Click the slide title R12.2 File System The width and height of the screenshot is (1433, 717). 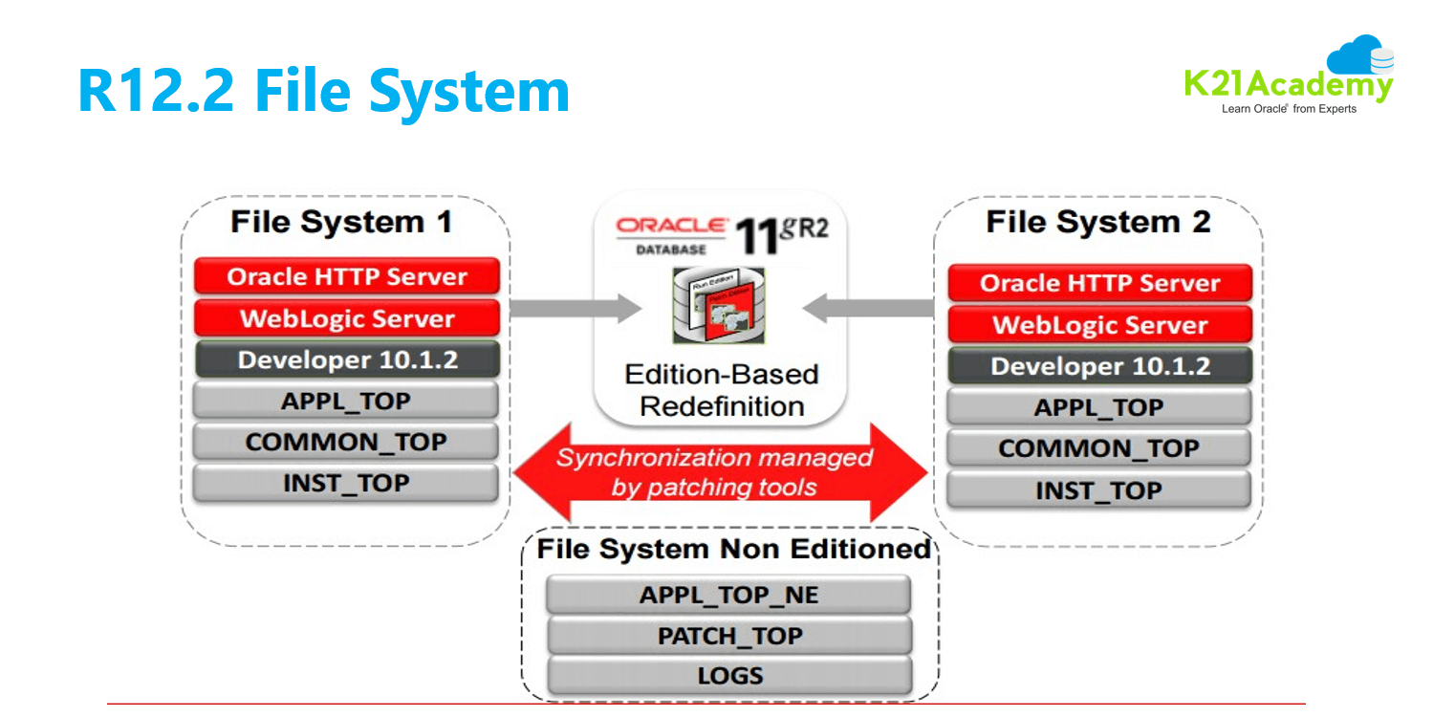pyautogui.click(x=323, y=91)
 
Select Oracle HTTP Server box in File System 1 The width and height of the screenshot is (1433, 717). pyautogui.click(x=346, y=277)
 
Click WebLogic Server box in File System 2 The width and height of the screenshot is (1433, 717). pyautogui.click(x=1099, y=325)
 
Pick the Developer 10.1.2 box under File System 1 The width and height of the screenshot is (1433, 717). pyautogui.click(x=347, y=360)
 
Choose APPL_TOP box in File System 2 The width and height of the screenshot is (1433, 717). pyautogui.click(x=1098, y=407)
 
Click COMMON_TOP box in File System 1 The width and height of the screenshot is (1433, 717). pyautogui.click(x=346, y=442)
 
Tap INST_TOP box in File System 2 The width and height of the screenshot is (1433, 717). pyautogui.click(x=1098, y=490)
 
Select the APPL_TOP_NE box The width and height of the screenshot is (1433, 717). pyautogui.click(x=728, y=595)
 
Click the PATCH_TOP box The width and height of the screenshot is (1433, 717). pyautogui.click(x=729, y=636)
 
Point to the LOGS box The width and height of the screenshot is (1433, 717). pyautogui.click(x=729, y=676)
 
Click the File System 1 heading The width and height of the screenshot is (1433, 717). pyautogui.click(x=341, y=223)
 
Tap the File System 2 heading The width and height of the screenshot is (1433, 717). pyautogui.click(x=1098, y=223)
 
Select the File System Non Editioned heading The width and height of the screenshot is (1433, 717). pyautogui.click(x=733, y=550)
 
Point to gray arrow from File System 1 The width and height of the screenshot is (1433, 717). pyautogui.click(x=574, y=308)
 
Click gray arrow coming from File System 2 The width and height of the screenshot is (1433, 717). pyautogui.click(x=868, y=308)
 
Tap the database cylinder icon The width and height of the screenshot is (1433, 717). pyautogui.click(x=719, y=306)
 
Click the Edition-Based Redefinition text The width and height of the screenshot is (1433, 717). pyautogui.click(x=721, y=390)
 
